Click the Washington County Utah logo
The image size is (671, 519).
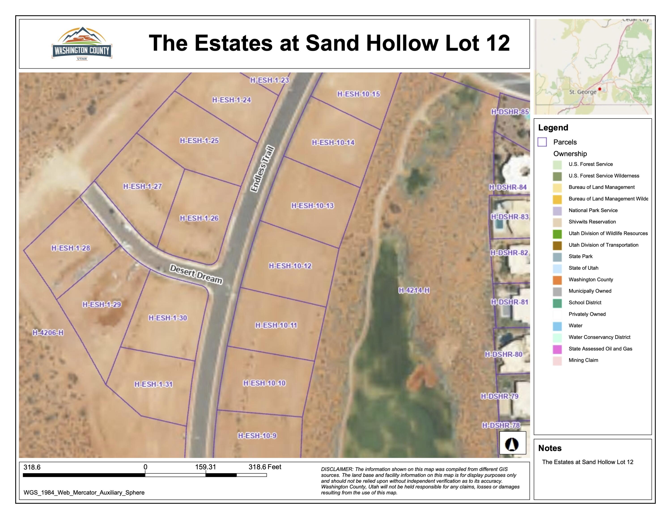point(82,44)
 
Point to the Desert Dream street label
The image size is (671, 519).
point(196,274)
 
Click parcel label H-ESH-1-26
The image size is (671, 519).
point(199,218)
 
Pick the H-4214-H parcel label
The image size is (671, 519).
point(414,290)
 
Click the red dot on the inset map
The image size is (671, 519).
point(599,89)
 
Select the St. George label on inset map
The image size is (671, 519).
point(582,92)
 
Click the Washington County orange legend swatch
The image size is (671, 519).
point(557,280)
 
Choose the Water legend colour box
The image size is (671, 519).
point(557,326)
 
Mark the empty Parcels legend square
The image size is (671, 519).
point(542,142)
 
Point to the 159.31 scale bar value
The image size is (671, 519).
point(205,467)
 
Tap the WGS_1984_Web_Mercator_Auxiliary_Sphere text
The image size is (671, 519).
point(84,493)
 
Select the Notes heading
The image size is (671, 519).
point(550,448)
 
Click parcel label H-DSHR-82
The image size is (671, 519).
point(509,253)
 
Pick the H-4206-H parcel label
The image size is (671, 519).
point(48,333)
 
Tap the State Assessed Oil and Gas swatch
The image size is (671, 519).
point(557,349)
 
